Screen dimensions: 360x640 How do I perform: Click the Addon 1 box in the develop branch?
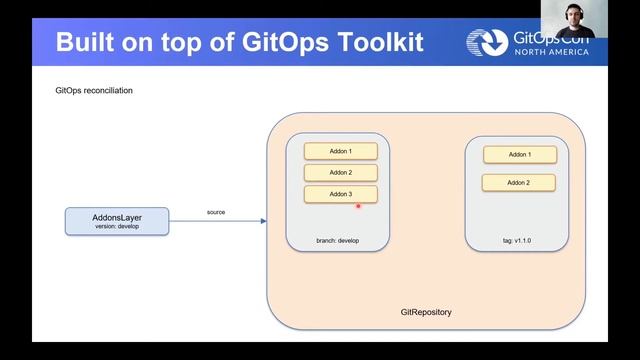340,151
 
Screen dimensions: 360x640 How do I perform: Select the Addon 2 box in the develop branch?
340,173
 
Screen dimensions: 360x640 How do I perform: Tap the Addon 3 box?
340,194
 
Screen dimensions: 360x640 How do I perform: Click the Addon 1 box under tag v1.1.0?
519,155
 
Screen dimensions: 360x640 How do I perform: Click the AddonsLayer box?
117,221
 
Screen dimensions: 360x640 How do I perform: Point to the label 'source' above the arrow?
216,212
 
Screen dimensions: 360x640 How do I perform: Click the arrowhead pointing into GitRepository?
263,221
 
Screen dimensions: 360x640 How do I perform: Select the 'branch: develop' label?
337,241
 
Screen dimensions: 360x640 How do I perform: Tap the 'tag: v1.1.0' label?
517,241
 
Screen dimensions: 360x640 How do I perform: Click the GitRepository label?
425,312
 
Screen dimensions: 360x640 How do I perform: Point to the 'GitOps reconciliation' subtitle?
94,91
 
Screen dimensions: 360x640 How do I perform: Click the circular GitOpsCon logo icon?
487,43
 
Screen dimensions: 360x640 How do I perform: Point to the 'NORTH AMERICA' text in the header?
552,52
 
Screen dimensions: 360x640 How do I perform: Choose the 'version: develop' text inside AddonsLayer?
117,227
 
